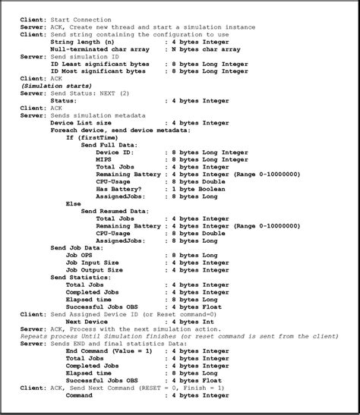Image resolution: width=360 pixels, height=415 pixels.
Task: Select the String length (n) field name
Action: [x=83, y=42]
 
